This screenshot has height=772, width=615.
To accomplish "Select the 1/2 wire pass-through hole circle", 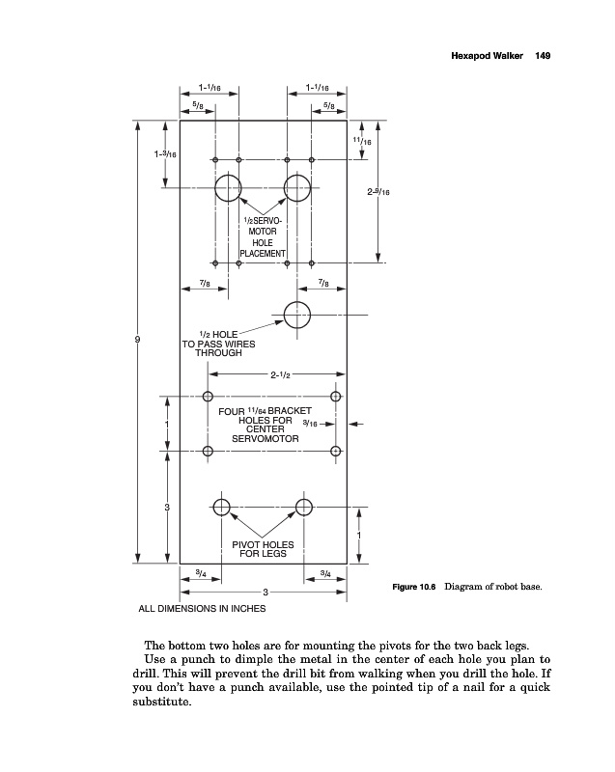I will point(297,314).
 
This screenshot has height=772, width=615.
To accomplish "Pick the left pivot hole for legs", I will point(222,508).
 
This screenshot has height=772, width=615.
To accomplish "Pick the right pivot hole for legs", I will point(305,508).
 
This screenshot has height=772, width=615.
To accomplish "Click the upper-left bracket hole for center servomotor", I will point(208,396).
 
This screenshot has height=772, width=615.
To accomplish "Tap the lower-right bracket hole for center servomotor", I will point(337,451).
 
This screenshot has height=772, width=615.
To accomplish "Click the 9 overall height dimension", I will point(139,341).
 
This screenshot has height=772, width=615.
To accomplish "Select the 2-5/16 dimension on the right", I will point(378,192).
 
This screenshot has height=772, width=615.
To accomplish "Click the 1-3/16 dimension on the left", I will point(164,154).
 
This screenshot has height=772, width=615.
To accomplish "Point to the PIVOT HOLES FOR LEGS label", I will point(263,549).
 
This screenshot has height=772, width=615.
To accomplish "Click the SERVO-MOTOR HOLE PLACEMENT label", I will point(263,238).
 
